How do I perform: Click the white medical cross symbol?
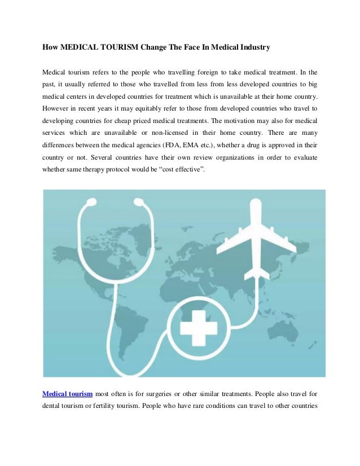coord(194,327)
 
